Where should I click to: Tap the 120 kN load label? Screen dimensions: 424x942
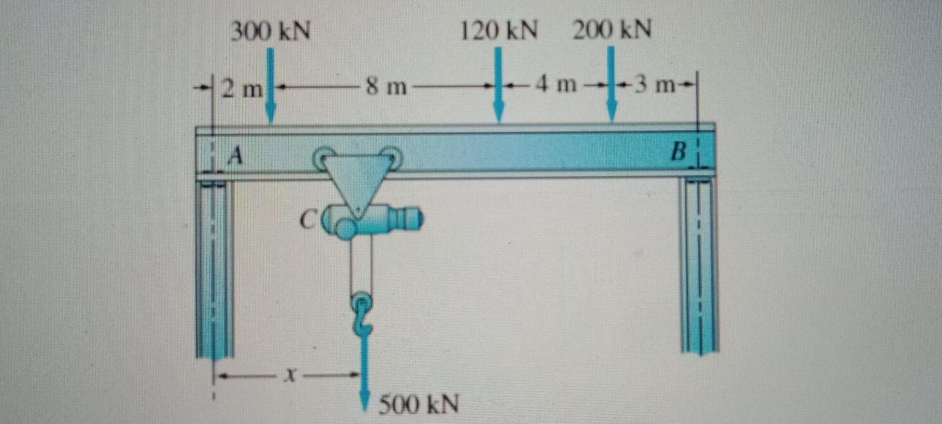click(499, 31)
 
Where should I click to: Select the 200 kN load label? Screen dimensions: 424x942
click(612, 31)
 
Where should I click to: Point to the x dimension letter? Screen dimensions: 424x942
click(288, 377)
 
